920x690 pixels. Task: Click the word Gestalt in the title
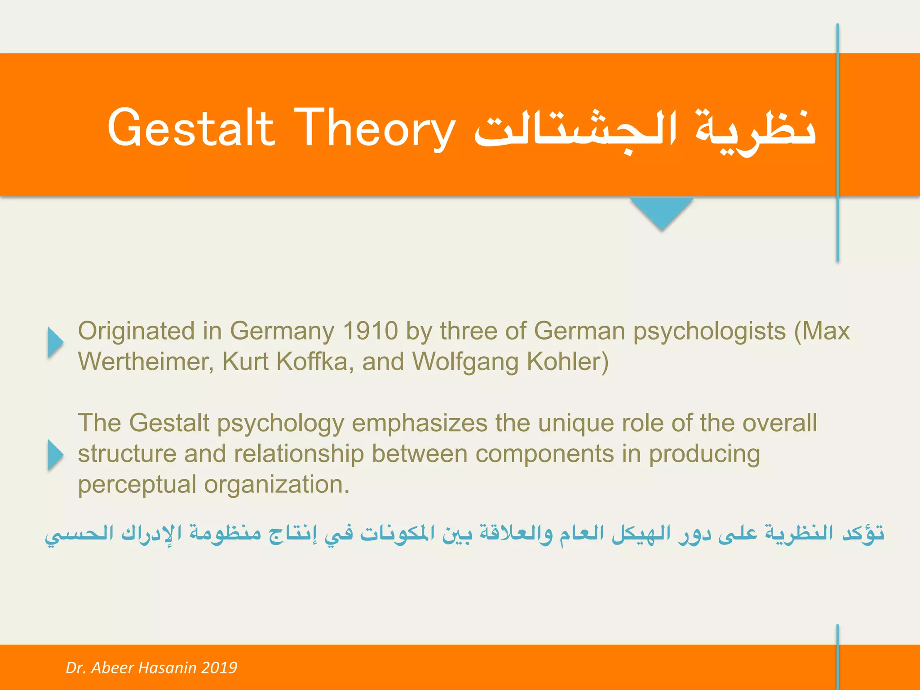190,128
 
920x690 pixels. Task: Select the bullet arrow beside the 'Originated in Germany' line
55,342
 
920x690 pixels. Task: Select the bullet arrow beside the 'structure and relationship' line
55,455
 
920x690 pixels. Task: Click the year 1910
370,331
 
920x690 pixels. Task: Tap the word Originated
137,331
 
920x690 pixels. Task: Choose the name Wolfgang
465,362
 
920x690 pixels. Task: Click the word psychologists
709,331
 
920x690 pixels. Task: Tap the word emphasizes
419,423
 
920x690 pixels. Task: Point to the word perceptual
137,485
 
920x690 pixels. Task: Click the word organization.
277,485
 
